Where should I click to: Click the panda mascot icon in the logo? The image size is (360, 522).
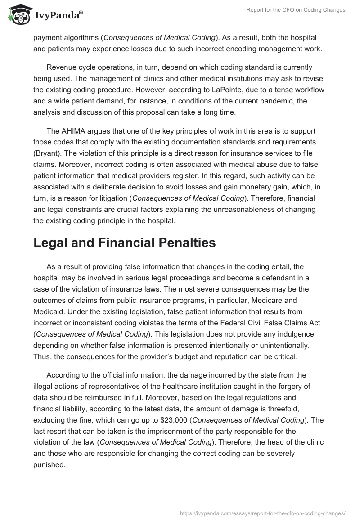pos(17,15)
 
